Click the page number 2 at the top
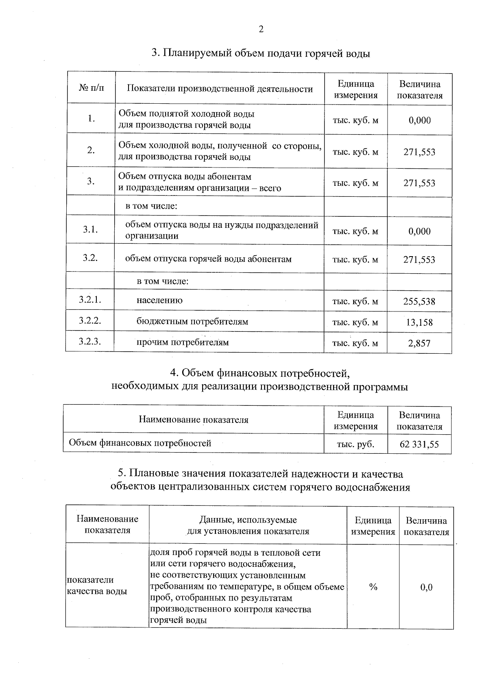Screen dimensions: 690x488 click(261, 29)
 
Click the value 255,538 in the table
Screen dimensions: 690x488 click(419, 301)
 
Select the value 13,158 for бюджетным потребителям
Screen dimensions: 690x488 click(419, 322)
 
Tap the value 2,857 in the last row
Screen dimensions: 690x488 click(419, 343)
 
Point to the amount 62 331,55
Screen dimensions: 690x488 click(419, 444)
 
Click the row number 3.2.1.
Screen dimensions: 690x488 click(90, 300)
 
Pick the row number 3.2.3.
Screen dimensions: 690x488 click(90, 342)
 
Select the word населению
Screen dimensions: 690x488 click(159, 300)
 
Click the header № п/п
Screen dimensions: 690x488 click(91, 87)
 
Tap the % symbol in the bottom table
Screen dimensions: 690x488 click(373, 587)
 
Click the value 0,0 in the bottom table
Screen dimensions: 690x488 click(426, 587)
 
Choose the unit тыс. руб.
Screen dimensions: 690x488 click(355, 444)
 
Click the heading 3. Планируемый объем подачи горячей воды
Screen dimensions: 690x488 click(261, 53)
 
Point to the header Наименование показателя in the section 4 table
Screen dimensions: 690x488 click(194, 420)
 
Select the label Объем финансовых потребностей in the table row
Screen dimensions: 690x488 click(140, 443)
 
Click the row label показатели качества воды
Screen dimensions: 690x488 click(97, 586)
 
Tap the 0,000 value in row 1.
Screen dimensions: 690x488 click(419, 120)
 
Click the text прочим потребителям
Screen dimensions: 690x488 click(183, 342)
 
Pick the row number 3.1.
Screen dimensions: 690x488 click(90, 229)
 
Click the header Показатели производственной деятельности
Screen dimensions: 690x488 click(220, 89)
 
